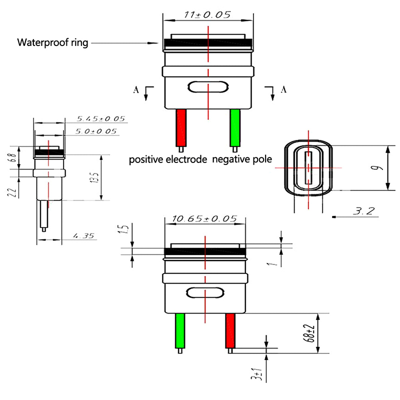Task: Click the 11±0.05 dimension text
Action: click(207, 14)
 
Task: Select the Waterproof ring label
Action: click(52, 42)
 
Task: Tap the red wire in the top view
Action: click(181, 128)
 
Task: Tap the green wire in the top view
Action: click(235, 128)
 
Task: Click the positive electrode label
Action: click(168, 160)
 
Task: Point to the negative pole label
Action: click(242, 160)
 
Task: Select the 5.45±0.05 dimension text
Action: click(100, 119)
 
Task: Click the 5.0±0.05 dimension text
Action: click(96, 131)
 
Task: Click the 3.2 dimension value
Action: click(363, 211)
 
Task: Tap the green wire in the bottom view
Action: click(180, 331)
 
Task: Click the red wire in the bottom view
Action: click(230, 331)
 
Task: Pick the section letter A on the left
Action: click(135, 90)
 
